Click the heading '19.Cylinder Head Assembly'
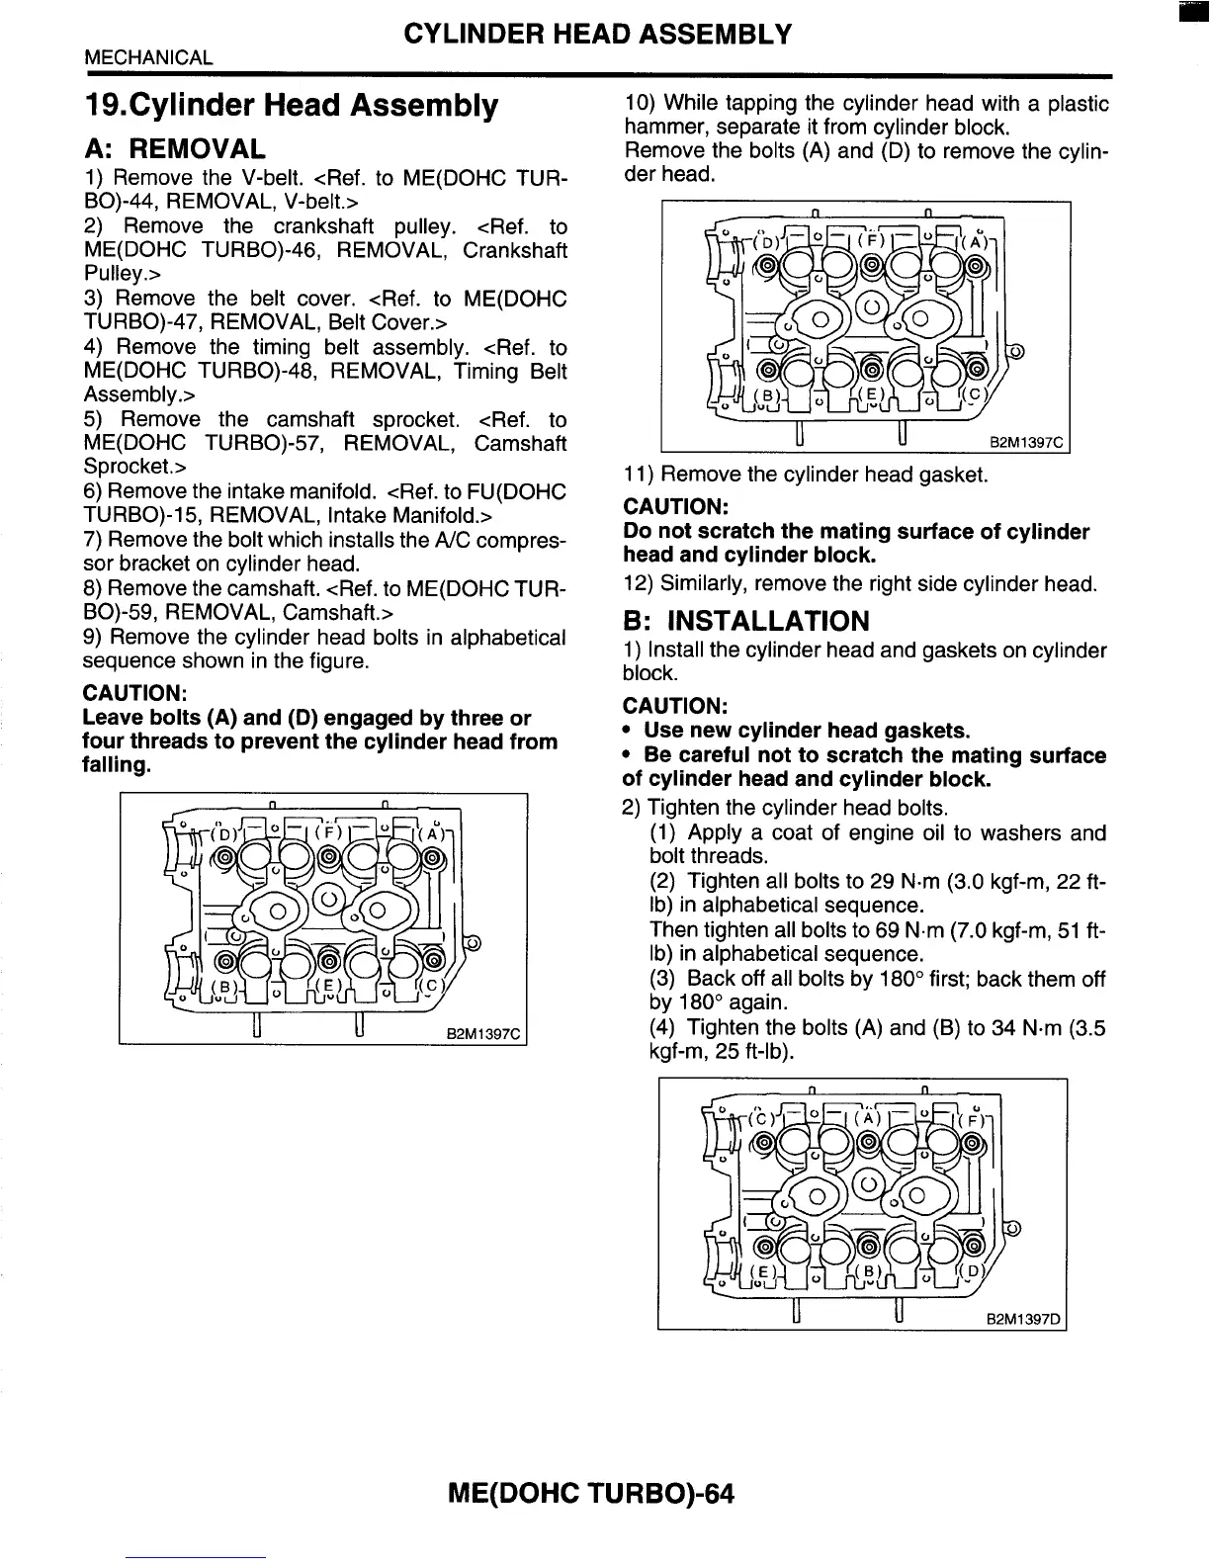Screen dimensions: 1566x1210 tap(292, 105)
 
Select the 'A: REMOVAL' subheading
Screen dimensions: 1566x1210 tap(175, 149)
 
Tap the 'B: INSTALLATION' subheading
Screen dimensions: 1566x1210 tap(746, 621)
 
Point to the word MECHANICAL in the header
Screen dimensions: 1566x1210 tap(148, 57)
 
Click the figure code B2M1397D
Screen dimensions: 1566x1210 tap(1023, 1318)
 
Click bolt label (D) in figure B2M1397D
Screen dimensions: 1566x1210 tap(972, 1270)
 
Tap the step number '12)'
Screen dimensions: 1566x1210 tap(638, 583)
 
